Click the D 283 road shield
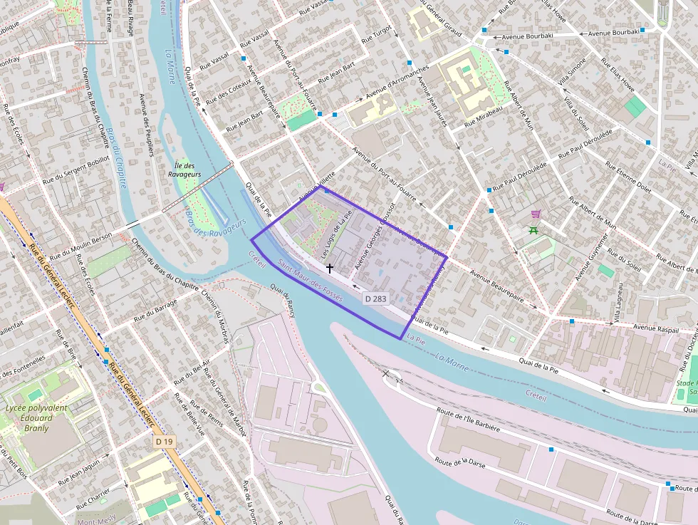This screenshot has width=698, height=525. (375, 298)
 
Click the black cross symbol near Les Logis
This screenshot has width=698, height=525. (329, 268)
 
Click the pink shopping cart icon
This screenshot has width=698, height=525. (536, 214)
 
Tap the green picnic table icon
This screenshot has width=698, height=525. (533, 229)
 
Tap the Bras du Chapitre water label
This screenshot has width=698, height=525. (117, 158)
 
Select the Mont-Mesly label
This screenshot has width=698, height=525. (96, 521)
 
